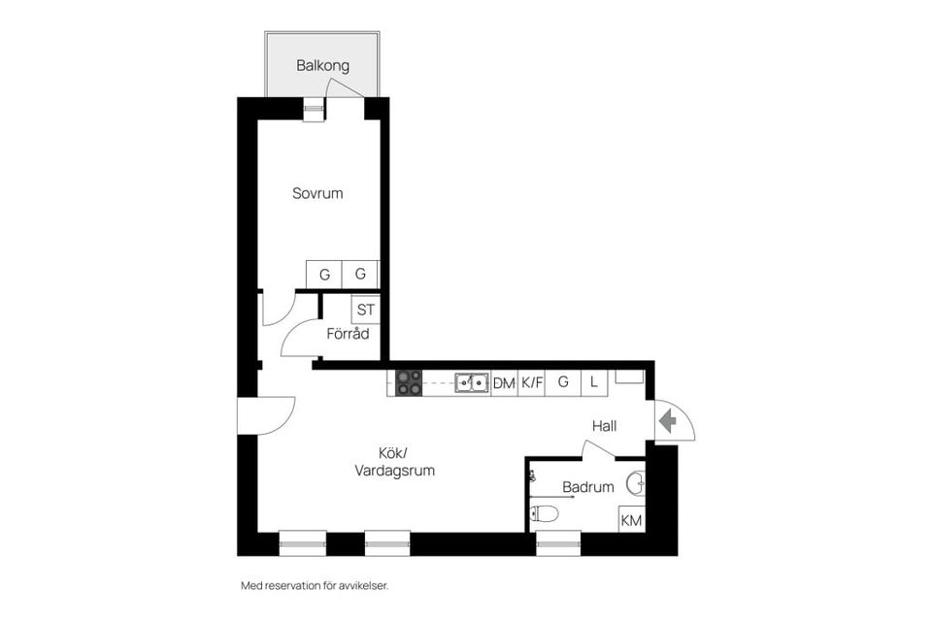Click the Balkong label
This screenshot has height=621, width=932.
(323, 66)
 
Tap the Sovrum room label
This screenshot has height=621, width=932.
(317, 193)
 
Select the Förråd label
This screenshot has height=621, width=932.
(348, 334)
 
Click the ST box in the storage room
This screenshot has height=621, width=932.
(365, 310)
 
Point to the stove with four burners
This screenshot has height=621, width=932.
(409, 382)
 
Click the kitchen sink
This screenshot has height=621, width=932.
(473, 382)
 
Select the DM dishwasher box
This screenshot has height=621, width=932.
(504, 383)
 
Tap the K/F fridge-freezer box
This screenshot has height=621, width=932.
(532, 383)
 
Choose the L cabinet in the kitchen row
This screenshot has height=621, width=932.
(593, 383)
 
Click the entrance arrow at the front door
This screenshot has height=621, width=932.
(667, 421)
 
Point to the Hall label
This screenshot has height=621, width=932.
(605, 426)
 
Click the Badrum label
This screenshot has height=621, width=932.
(587, 487)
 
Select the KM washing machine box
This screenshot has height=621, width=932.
(631, 521)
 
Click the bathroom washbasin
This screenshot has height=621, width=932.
(636, 482)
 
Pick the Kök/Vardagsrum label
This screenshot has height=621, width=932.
(393, 462)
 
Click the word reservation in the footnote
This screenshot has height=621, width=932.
(297, 586)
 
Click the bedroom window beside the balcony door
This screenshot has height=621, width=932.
(313, 109)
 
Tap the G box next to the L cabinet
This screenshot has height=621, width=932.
(562, 383)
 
